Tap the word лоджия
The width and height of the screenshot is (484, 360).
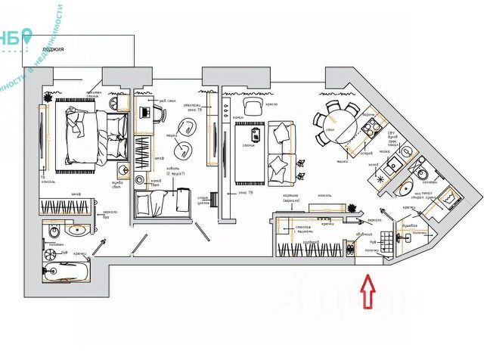(53, 49)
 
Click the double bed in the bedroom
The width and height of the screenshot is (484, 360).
(91, 137)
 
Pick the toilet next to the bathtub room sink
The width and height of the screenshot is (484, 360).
(54, 230)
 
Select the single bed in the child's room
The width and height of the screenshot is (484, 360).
(163, 201)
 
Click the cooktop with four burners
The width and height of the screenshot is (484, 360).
(370, 129)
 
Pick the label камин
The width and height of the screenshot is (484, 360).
(237, 118)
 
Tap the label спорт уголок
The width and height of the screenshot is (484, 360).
(203, 200)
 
